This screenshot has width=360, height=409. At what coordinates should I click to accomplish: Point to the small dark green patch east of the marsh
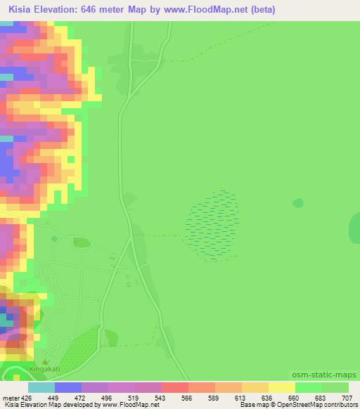coord(297,203)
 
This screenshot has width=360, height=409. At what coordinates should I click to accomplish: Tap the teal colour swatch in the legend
coord(41,387)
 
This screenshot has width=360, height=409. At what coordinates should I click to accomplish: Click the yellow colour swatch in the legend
coord(281,387)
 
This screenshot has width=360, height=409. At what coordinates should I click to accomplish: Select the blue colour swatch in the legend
coord(68,387)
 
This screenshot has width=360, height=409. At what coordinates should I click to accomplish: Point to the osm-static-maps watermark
coord(324,375)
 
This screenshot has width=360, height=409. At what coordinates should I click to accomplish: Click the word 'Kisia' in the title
coord(20,10)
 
